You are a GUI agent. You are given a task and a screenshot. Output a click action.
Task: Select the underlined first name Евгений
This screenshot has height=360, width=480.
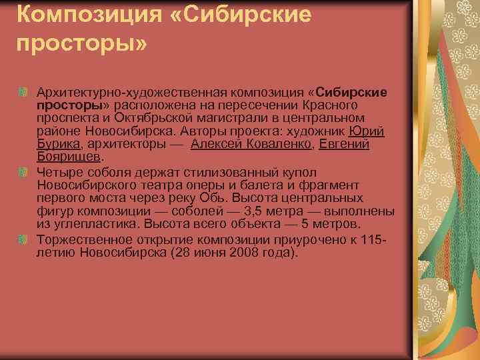344,144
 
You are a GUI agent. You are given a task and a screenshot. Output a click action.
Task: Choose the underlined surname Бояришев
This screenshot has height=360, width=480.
68,157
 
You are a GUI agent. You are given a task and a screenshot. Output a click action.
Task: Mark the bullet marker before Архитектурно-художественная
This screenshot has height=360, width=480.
25,91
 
